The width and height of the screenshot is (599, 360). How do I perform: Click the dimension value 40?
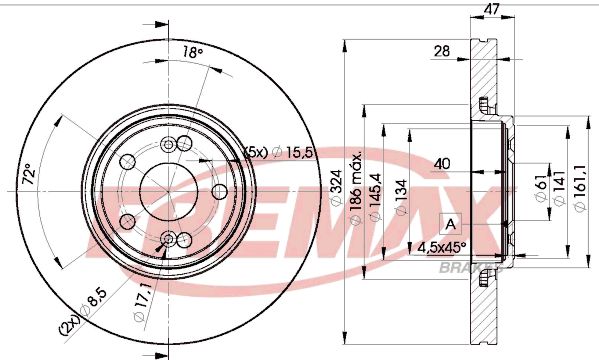click(x=441, y=162)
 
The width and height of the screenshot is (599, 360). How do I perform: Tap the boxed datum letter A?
click(x=450, y=223)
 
